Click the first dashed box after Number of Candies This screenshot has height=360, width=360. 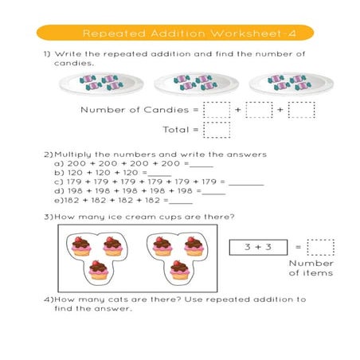(x=217, y=110)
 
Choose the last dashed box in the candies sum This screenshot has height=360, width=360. (x=301, y=110)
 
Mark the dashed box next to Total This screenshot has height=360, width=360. (x=217, y=130)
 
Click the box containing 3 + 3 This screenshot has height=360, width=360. (x=258, y=248)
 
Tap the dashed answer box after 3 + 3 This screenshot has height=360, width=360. (x=320, y=248)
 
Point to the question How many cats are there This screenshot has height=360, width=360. (x=171, y=300)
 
